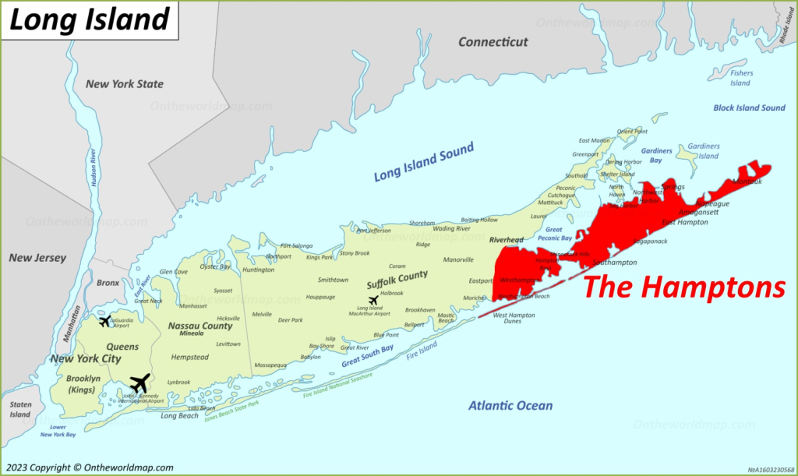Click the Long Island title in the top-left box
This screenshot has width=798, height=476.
coord(90,19)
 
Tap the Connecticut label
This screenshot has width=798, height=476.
coord(493,42)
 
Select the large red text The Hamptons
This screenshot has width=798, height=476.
coord(683,287)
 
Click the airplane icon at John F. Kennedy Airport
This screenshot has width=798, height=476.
coord(140,383)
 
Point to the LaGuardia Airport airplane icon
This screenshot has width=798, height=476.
coord(104,321)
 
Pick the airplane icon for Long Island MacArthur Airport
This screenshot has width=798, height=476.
coord(373,301)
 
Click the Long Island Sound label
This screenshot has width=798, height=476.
coord(423,162)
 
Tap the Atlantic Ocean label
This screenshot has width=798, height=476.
coord(510,405)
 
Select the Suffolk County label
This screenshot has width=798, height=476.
coord(397,275)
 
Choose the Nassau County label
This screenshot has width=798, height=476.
coord(199,326)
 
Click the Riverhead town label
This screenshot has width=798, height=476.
coord(506,240)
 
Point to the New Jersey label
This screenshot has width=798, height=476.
coord(37,258)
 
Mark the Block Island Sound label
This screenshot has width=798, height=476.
coord(749,108)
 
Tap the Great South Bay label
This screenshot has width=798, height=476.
coord(366,356)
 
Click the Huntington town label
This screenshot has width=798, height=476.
coord(259,270)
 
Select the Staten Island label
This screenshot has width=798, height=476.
coord(20,409)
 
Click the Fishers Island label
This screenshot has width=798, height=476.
coord(741,78)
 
